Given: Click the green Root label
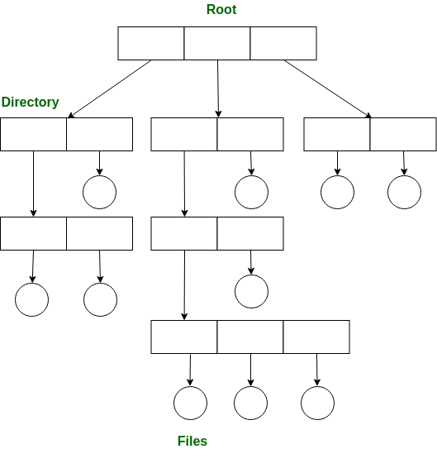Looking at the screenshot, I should (x=221, y=10).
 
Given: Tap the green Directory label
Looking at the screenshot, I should (x=31, y=103).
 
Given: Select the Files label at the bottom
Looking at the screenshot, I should (x=192, y=441).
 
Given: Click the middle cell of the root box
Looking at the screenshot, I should (x=217, y=43).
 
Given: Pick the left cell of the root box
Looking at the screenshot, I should (x=151, y=43).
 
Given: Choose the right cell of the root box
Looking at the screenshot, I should (x=283, y=43).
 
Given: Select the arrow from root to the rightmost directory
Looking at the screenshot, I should (x=327, y=89).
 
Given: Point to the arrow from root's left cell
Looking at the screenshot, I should (x=110, y=89).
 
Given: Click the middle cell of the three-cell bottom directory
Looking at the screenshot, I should (x=250, y=337).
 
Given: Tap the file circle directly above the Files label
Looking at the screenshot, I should (x=191, y=403).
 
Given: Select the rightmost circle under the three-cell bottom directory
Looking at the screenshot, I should (x=317, y=403).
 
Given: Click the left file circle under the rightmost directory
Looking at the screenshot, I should (x=337, y=192).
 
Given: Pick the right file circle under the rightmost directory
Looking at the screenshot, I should (x=404, y=192).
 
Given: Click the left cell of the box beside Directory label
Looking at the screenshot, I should (x=33, y=134).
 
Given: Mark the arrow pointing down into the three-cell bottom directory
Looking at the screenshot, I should (x=184, y=284).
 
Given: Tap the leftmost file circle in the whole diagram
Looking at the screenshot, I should (x=32, y=299).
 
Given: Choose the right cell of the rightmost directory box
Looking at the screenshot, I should (x=403, y=134).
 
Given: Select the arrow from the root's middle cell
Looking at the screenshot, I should (x=218, y=88).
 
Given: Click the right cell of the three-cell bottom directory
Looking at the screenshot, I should (x=316, y=337).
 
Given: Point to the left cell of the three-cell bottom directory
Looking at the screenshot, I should (x=184, y=337).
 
